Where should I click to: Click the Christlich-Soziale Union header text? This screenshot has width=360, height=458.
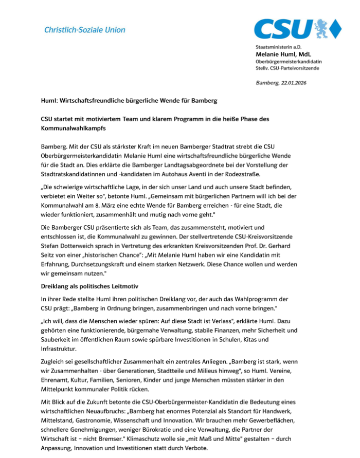tap(85, 30)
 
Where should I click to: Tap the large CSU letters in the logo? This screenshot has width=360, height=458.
tap(283, 29)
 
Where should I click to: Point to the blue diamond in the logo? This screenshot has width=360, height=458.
tap(336, 29)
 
